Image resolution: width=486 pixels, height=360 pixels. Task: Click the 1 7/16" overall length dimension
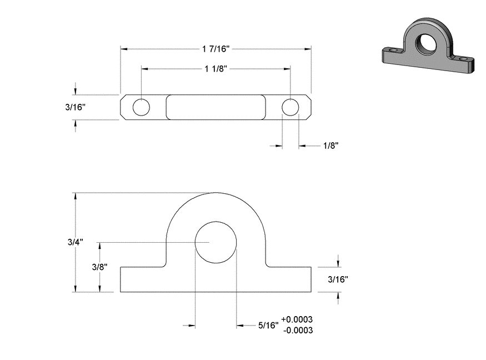point(216,49)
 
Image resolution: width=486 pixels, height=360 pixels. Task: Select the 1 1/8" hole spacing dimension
point(216,68)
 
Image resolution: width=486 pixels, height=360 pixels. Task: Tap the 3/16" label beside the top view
point(76,107)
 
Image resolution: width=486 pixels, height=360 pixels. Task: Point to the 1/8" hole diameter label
point(330,146)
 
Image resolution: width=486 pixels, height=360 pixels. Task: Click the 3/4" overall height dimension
point(76,242)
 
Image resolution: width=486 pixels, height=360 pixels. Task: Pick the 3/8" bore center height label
point(99,267)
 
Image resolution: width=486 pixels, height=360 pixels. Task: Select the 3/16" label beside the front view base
point(338,279)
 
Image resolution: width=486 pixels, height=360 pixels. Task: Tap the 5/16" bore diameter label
point(268,325)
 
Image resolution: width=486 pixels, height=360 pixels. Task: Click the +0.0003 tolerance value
point(297,319)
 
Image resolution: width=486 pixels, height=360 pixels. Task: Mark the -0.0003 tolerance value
point(298,330)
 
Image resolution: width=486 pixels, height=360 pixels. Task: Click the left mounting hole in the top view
point(141,107)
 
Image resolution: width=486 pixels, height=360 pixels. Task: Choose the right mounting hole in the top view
point(290,107)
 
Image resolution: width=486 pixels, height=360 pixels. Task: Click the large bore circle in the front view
point(216,222)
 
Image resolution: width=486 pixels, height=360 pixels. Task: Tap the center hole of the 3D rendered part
point(426,44)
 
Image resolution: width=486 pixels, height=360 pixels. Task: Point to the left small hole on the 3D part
point(393,49)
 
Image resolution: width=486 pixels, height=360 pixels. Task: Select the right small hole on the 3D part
point(463,58)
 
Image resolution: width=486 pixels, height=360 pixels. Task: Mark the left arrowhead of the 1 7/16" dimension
point(124,49)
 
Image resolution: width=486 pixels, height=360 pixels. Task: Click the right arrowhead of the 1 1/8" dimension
point(287,68)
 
